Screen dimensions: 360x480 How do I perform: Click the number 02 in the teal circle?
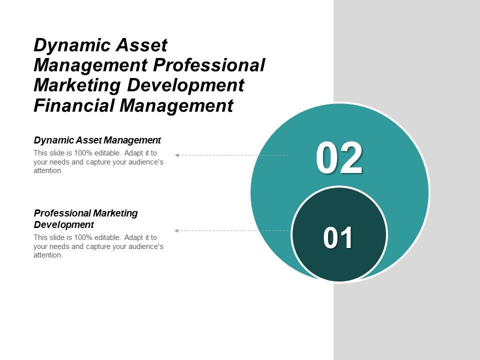point(339,158)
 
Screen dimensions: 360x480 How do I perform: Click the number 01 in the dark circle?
point(338,238)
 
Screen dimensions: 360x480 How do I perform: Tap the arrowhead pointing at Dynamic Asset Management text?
point(177,155)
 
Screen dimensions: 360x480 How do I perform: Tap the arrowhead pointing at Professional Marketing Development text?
point(176,230)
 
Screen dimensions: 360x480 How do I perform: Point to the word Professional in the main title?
point(206,65)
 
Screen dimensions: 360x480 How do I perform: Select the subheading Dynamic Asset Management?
point(97,140)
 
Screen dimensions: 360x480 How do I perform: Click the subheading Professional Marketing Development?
point(85,218)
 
